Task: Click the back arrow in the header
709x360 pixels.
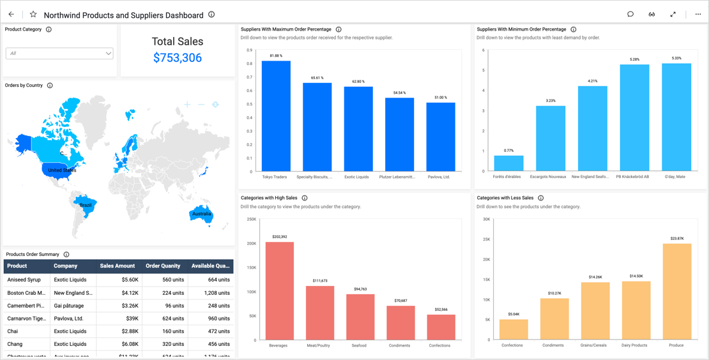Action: pyautogui.click(x=11, y=15)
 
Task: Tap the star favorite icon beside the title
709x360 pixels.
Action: pyautogui.click(x=33, y=15)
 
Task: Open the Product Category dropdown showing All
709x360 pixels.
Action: pyautogui.click(x=59, y=54)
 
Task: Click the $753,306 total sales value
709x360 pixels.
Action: pyautogui.click(x=178, y=58)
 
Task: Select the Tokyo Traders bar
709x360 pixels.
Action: pyautogui.click(x=276, y=116)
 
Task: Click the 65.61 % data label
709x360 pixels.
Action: pyautogui.click(x=317, y=78)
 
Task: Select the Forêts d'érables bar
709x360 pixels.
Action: pyautogui.click(x=508, y=163)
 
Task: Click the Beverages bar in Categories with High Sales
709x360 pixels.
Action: pyautogui.click(x=279, y=290)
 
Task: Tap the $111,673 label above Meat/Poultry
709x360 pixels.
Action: pyautogui.click(x=320, y=281)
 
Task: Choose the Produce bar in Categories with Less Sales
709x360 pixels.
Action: pyautogui.click(x=677, y=290)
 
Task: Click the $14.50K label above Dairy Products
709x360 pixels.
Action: pyautogui.click(x=636, y=276)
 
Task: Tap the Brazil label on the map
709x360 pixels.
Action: pyautogui.click(x=86, y=205)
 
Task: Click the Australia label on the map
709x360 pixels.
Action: pyautogui.click(x=201, y=214)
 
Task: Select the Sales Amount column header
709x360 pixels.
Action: pyautogui.click(x=118, y=266)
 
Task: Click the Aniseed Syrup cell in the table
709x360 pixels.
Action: pyautogui.click(x=24, y=280)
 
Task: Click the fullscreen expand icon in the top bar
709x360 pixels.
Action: pyautogui.click(x=673, y=15)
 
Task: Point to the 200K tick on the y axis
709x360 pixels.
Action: pyautogui.click(x=251, y=243)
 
